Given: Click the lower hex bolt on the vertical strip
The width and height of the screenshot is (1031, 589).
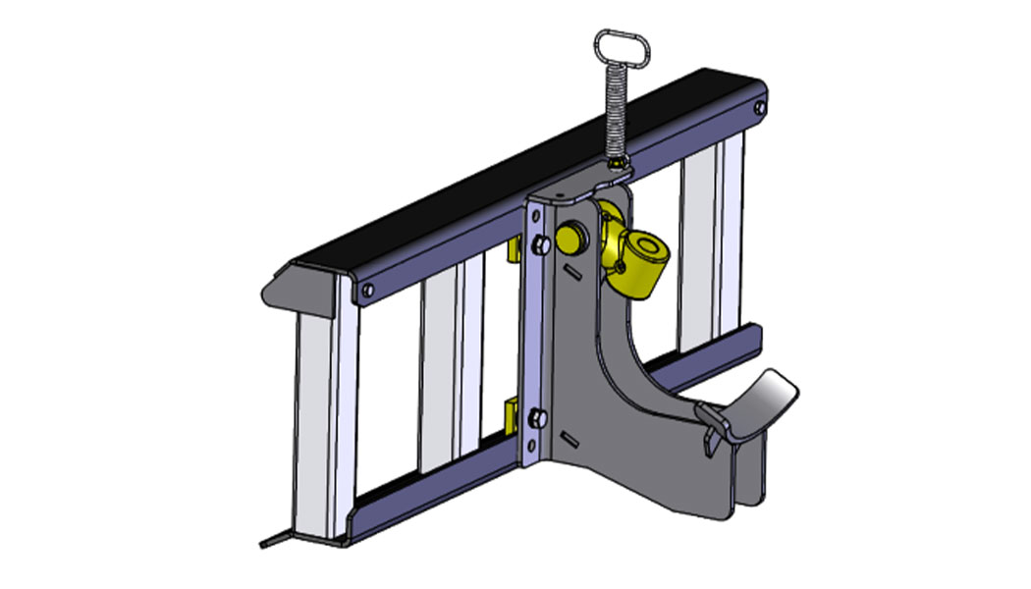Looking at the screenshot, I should click(x=536, y=420).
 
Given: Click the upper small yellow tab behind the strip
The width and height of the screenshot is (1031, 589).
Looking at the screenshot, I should click(x=512, y=253).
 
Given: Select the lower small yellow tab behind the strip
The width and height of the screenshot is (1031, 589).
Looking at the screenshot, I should click(x=512, y=414).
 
